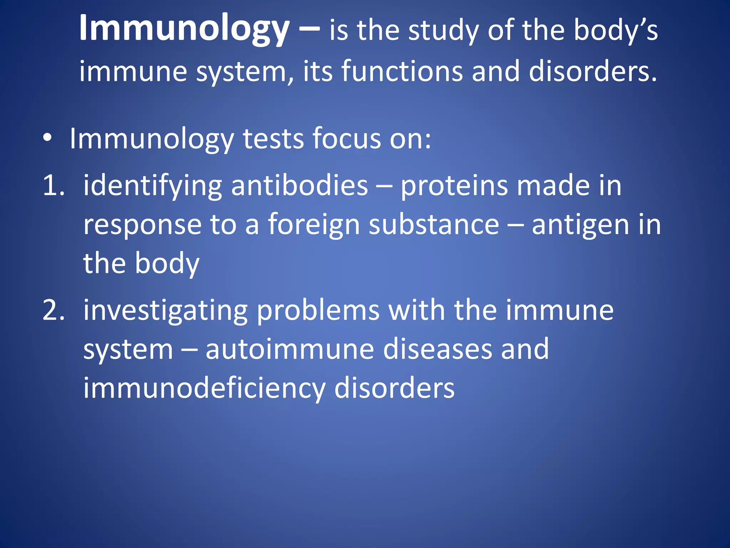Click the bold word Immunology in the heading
[184, 29]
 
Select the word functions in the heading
[402, 71]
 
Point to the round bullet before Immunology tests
[48, 138]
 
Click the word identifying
[153, 186]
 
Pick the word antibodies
[299, 186]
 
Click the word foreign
[314, 225]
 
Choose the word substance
[434, 225]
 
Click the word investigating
[165, 310]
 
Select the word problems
[318, 310]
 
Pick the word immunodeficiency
[204, 388]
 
